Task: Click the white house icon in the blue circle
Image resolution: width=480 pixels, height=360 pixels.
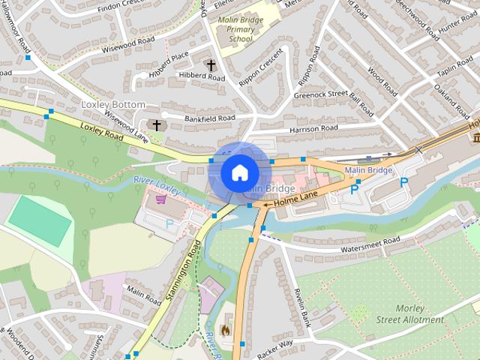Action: coord(239,172)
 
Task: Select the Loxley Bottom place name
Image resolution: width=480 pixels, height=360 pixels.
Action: coord(112,105)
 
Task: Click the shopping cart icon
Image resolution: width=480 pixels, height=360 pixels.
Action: coord(160,199)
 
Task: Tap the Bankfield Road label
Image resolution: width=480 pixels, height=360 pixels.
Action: coord(210,118)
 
